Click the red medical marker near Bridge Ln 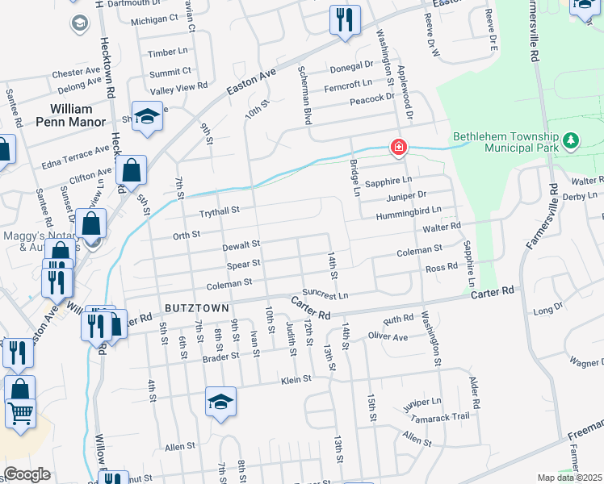(x=398, y=147)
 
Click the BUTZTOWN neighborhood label (x=198, y=308)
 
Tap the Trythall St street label (x=220, y=211)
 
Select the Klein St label (x=296, y=380)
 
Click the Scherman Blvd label (x=306, y=94)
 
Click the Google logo (x=27, y=474)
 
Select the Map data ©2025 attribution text (x=570, y=478)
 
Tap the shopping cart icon (x=21, y=413)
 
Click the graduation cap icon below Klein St (x=220, y=402)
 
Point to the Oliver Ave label (x=388, y=336)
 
